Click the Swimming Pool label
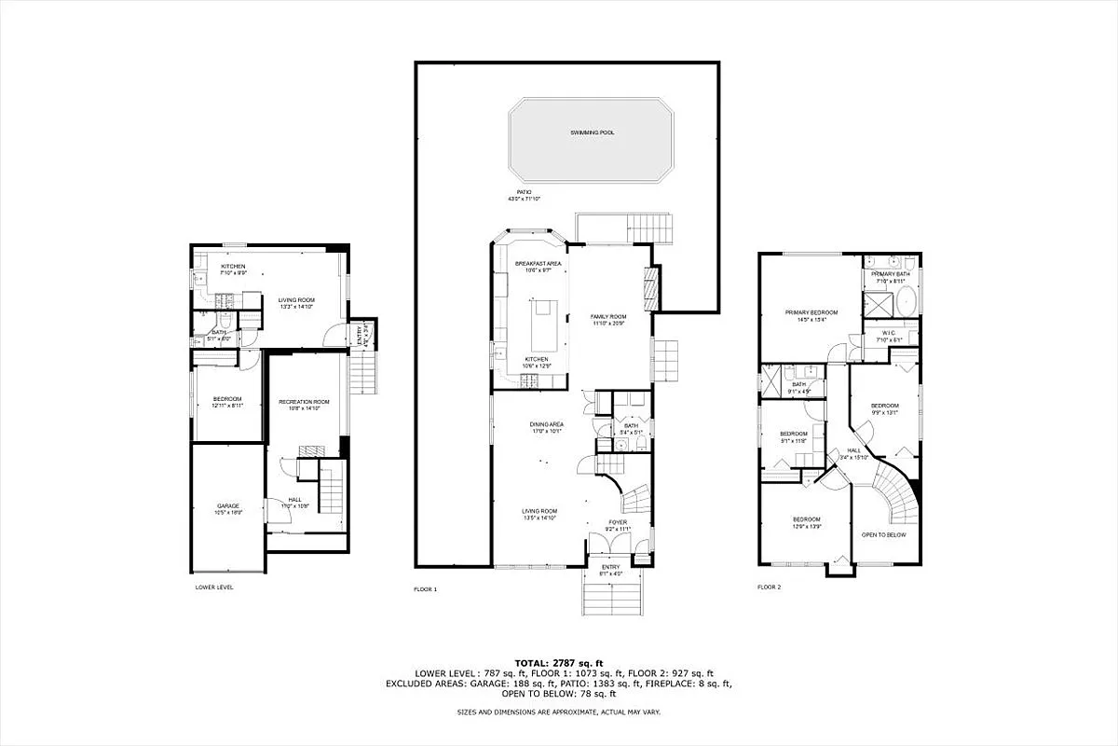(x=593, y=132)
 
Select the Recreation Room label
(x=299, y=401)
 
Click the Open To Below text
(x=883, y=535)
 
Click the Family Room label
(x=608, y=317)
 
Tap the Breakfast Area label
(x=539, y=264)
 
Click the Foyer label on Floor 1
(x=618, y=522)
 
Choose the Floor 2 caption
(x=768, y=587)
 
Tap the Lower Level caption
(x=214, y=587)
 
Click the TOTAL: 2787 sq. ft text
(x=559, y=661)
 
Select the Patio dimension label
(x=524, y=195)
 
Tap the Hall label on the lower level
(x=294, y=500)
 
